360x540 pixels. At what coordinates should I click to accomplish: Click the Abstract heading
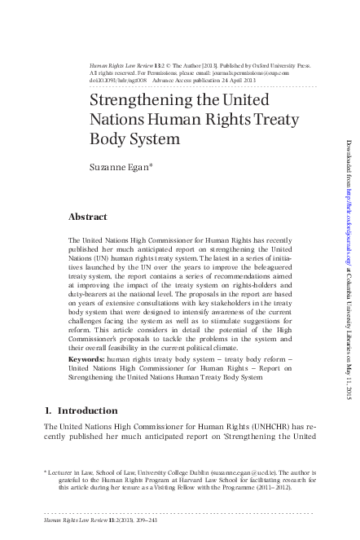click(x=89, y=218)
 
